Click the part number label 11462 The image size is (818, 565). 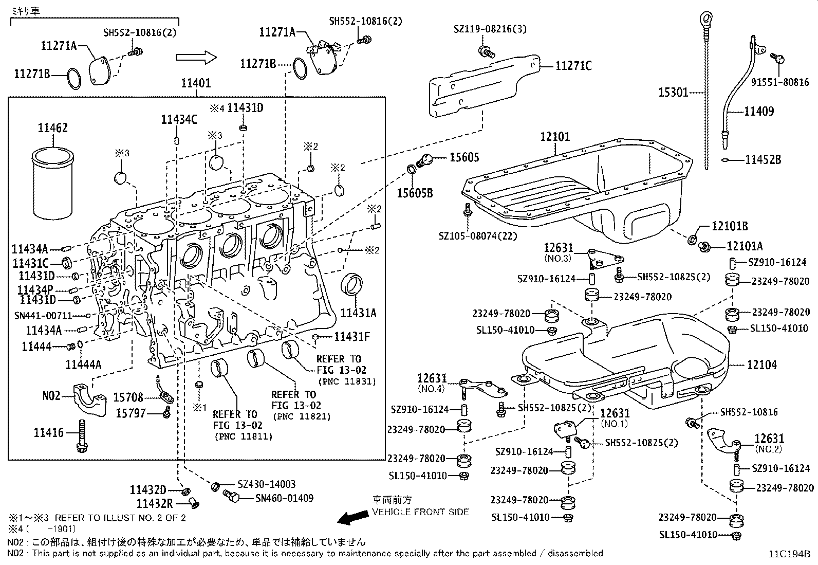tap(52, 128)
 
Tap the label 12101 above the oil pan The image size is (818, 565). tap(555, 137)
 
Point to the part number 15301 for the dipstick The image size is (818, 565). tap(673, 93)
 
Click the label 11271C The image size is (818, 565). tap(573, 66)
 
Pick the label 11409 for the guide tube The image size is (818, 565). tap(759, 111)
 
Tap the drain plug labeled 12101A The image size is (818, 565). tap(705, 247)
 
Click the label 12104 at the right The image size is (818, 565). tap(762, 364)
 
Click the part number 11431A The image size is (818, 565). tap(359, 313)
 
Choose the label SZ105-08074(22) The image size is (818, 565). tap(478, 236)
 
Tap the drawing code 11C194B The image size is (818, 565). tap(789, 554)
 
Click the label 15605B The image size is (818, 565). tap(415, 193)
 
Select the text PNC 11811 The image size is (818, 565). tap(244, 436)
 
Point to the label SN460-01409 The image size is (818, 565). tap(284, 498)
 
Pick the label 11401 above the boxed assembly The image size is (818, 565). tap(196, 83)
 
